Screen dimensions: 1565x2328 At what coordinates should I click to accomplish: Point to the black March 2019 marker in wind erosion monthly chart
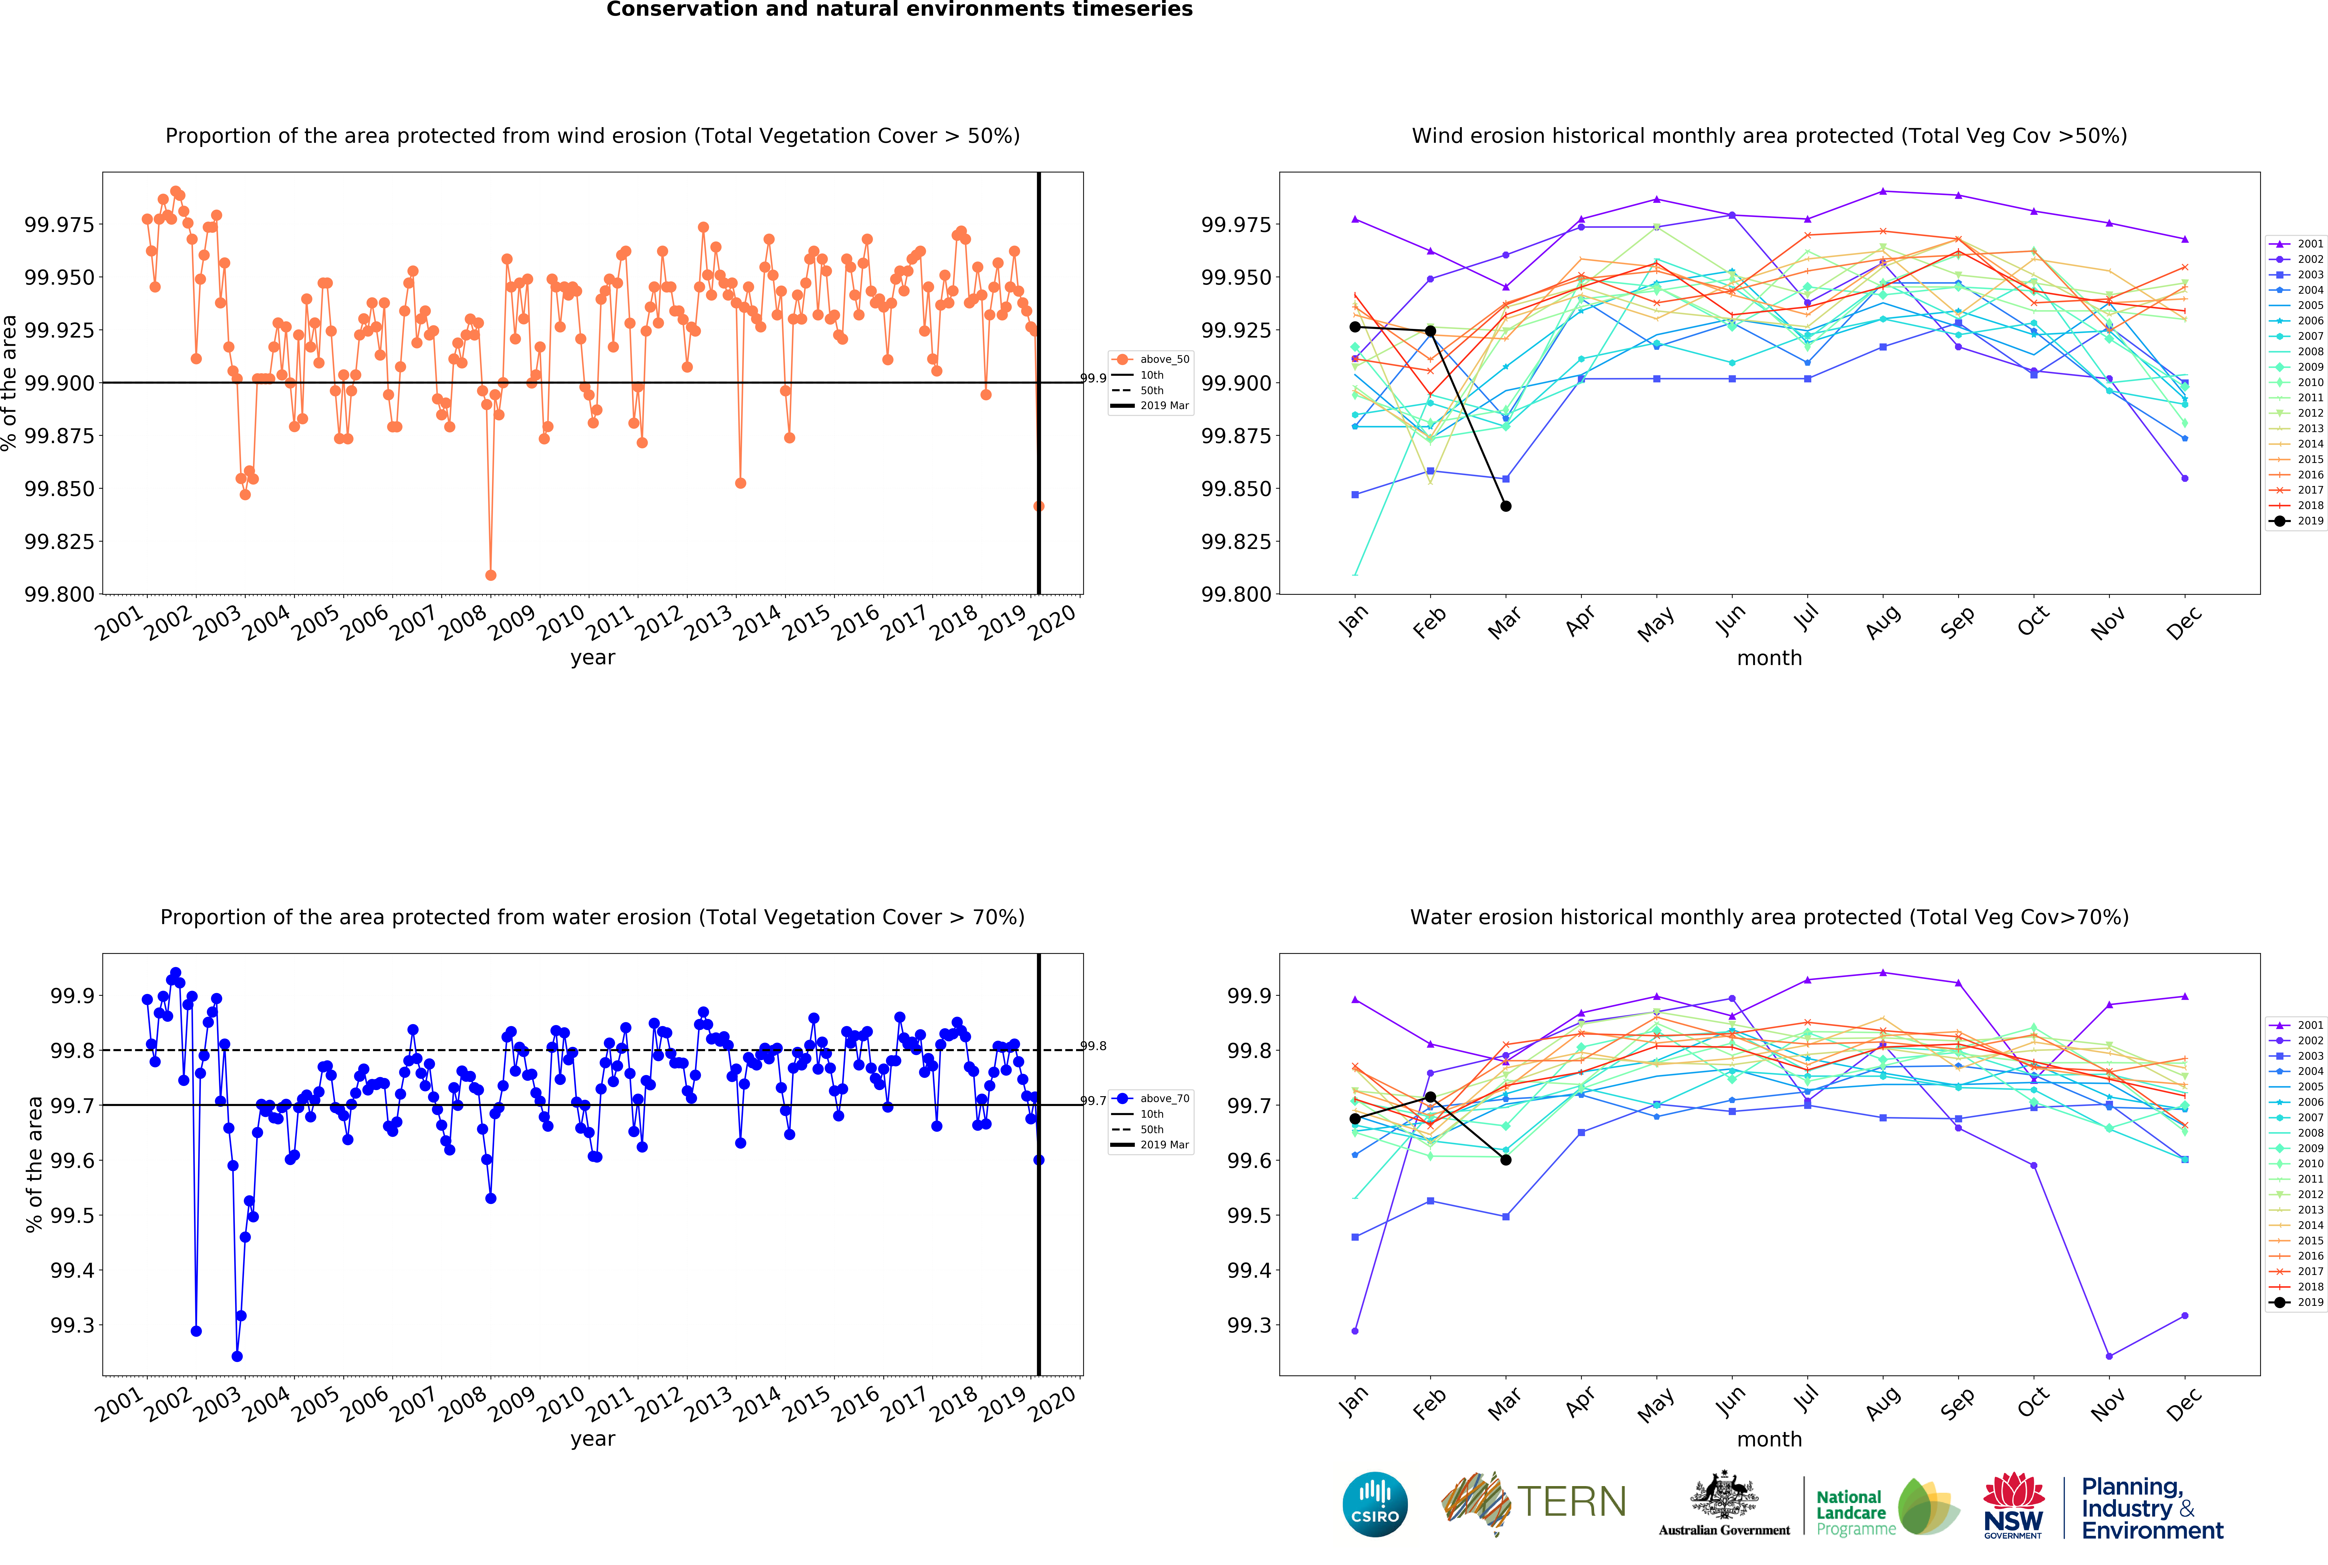coord(1506,506)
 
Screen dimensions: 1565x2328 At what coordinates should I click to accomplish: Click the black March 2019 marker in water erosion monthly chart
coord(1506,1160)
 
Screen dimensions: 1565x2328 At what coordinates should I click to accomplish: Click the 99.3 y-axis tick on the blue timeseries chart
coord(72,1325)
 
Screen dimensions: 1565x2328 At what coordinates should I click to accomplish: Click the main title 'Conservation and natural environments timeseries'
coord(899,10)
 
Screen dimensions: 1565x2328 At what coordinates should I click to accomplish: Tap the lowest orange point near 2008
coord(490,575)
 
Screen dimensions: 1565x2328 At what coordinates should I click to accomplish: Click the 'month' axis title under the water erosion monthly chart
coord(1769,1439)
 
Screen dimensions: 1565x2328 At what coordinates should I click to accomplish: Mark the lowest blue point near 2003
coord(237,1356)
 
